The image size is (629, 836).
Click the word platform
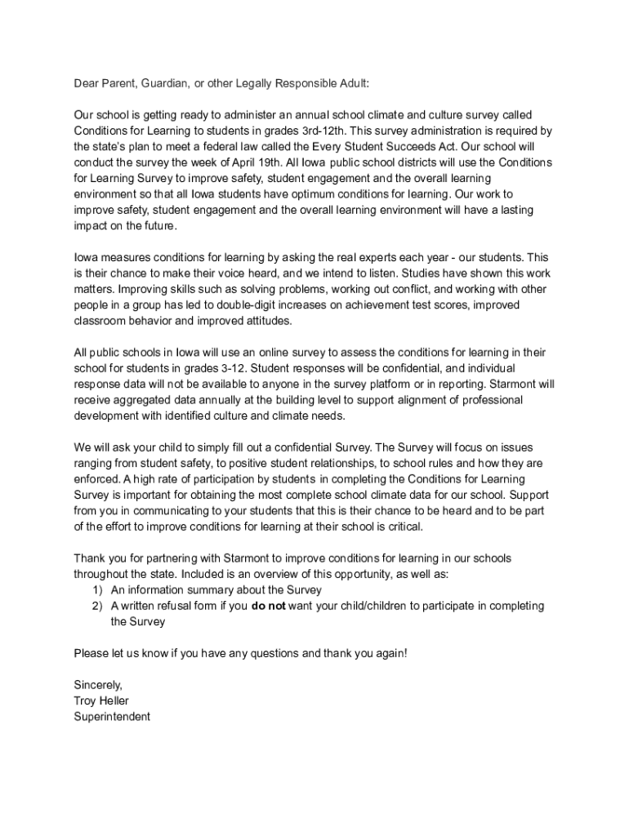pyautogui.click(x=381, y=384)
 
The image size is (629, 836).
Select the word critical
pyautogui.click(x=401, y=527)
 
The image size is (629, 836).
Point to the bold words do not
pyautogui.click(x=269, y=606)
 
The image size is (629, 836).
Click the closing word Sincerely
pyautogui.click(x=98, y=685)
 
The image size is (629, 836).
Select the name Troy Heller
pyautogui.click(x=101, y=700)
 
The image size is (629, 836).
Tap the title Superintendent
pyautogui.click(x=112, y=717)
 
